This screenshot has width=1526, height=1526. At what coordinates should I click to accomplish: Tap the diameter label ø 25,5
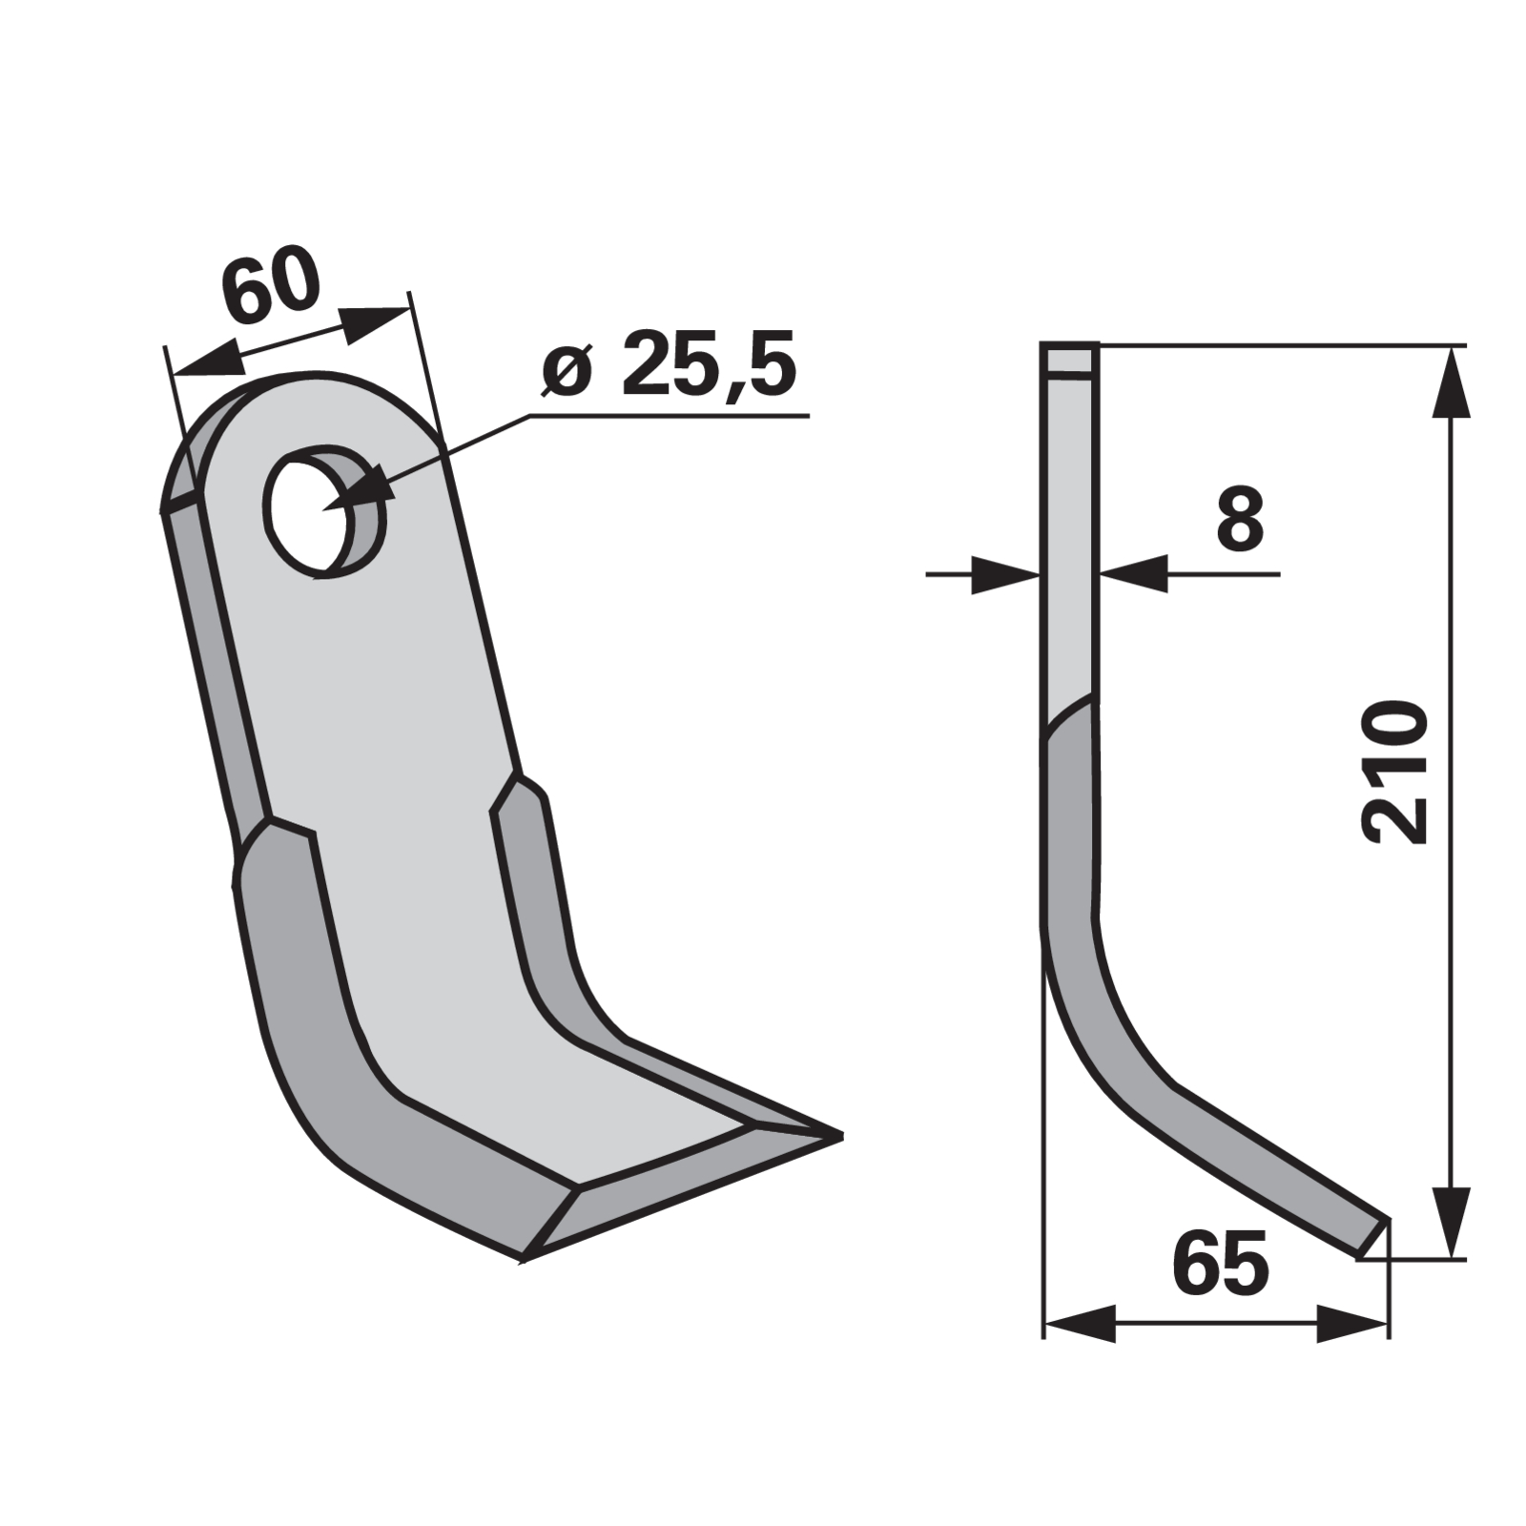(x=668, y=365)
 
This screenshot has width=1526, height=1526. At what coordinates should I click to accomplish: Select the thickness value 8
(x=1240, y=518)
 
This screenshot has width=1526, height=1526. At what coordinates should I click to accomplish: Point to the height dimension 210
(x=1396, y=773)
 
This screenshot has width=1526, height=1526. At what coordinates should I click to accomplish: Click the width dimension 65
(x=1221, y=1263)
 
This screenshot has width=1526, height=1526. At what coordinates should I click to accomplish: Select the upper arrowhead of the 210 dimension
(x=1451, y=381)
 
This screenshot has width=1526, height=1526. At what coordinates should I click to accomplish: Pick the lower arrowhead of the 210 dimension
(x=1451, y=1223)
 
